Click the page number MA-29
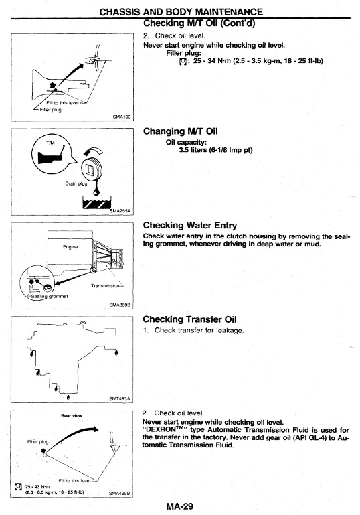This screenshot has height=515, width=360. [180, 506]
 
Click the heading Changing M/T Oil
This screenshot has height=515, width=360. [180, 131]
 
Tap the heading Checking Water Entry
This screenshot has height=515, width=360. [189, 225]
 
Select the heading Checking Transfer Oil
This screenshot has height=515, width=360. [189, 319]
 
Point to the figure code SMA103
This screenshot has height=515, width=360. [122, 117]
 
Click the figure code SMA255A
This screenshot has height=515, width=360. [120, 210]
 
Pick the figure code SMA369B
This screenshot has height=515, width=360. [120, 305]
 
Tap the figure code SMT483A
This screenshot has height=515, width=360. [120, 398]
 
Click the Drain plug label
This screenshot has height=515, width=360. [76, 183]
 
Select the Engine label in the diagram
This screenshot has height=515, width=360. [70, 246]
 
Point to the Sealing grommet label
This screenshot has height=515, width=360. [50, 296]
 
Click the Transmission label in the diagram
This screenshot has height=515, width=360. [105, 285]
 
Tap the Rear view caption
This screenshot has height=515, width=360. [72, 415]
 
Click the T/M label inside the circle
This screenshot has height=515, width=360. [50, 143]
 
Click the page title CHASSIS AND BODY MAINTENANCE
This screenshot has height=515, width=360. [181, 12]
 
